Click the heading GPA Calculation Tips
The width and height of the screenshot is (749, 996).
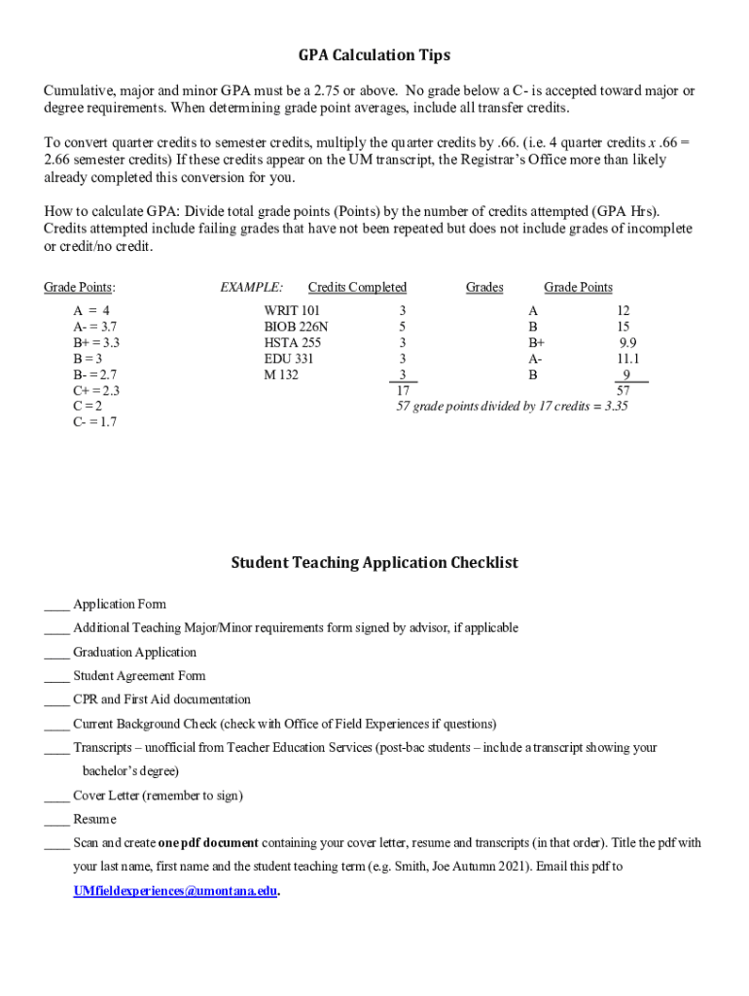(374, 55)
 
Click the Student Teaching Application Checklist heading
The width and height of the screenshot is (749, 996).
(374, 563)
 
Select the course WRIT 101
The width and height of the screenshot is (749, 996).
(292, 311)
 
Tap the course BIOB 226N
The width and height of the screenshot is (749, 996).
(296, 327)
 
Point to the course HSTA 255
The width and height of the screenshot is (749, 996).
(293, 343)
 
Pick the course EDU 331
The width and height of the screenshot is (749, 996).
(289, 359)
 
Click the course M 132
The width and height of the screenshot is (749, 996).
(281, 374)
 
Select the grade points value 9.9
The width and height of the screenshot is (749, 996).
(628, 343)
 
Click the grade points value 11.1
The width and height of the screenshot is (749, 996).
(627, 359)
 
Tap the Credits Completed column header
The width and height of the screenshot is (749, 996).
(357, 287)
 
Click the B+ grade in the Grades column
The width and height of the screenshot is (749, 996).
(537, 343)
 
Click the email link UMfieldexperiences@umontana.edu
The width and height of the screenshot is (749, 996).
(175, 890)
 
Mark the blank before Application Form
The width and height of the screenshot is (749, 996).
(56, 604)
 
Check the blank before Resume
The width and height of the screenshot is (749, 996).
(56, 819)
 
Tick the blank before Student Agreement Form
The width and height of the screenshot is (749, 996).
(56, 676)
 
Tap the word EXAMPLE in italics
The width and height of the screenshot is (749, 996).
(252, 287)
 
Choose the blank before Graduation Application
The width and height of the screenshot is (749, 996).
(56, 653)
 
